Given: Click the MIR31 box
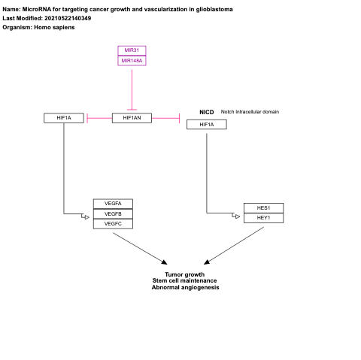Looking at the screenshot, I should pyautogui.click(x=132, y=50).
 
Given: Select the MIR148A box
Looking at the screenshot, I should pyautogui.click(x=132, y=60).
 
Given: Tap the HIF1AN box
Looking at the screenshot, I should pyautogui.click(x=132, y=117).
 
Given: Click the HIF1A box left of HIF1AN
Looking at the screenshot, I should pyautogui.click(x=63, y=117).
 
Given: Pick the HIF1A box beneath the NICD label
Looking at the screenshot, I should pyautogui.click(x=206, y=125).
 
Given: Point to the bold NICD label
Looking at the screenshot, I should pyautogui.click(x=206, y=111).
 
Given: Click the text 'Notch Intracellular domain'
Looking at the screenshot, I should pyautogui.click(x=250, y=111).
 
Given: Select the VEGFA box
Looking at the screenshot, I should pyautogui.click(x=113, y=203).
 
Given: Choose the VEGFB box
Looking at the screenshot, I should pyautogui.click(x=113, y=213).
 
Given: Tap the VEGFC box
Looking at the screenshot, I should pyautogui.click(x=113, y=223).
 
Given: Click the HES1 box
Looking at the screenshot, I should pyautogui.click(x=263, y=207).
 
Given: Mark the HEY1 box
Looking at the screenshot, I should pyautogui.click(x=263, y=218).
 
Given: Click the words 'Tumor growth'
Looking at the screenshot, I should pyautogui.click(x=185, y=274).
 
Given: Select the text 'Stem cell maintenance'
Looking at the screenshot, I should pyautogui.click(x=185, y=281).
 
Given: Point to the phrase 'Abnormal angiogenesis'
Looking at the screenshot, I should pyautogui.click(x=185, y=288).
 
